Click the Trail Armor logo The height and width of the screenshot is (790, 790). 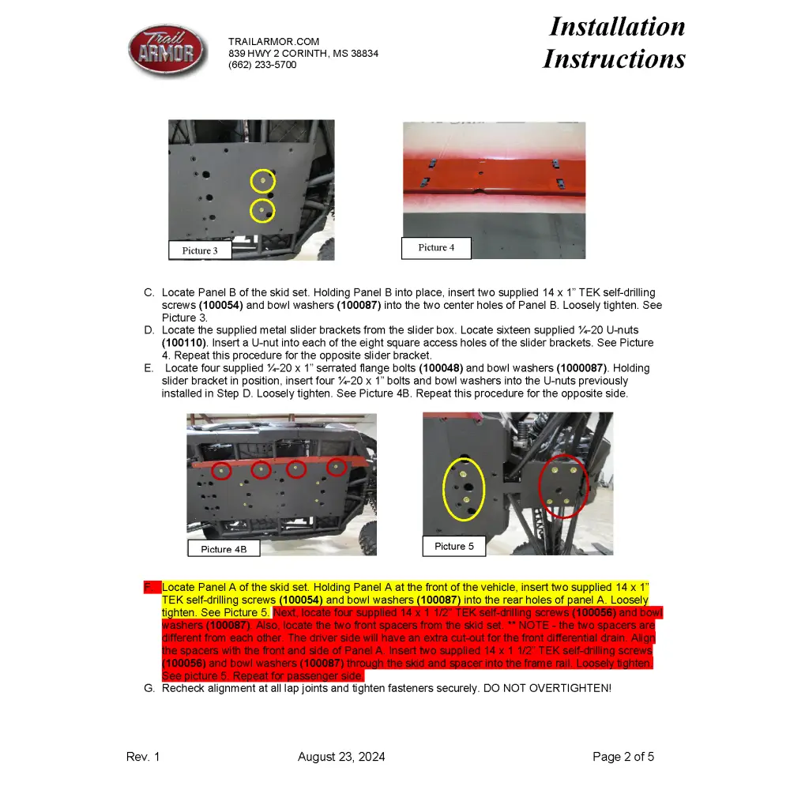pyautogui.click(x=167, y=51)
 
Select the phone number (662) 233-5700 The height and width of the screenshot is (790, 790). pyautogui.click(x=262, y=65)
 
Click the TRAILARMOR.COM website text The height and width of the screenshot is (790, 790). pyautogui.click(x=273, y=41)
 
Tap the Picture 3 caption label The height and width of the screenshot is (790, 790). pyautogui.click(x=199, y=250)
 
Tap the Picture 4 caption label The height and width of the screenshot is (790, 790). pyautogui.click(x=436, y=247)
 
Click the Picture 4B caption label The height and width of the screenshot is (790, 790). pyautogui.click(x=224, y=549)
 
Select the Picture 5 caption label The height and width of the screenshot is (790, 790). pyautogui.click(x=454, y=546)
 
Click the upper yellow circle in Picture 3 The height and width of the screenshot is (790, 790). pyautogui.click(x=262, y=181)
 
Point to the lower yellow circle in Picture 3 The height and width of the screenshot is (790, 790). pyautogui.click(x=262, y=211)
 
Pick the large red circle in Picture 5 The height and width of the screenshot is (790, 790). pyautogui.click(x=562, y=485)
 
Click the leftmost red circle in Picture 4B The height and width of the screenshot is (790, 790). pyautogui.click(x=221, y=472)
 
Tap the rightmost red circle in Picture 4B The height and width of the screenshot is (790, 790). pyautogui.click(x=337, y=467)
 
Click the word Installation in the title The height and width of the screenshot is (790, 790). pyautogui.click(x=617, y=26)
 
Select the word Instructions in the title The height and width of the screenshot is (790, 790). pyautogui.click(x=614, y=58)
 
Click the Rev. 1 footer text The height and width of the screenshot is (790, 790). pyautogui.click(x=143, y=757)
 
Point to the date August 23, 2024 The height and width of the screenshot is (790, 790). pyautogui.click(x=341, y=757)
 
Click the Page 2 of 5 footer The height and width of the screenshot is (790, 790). pyautogui.click(x=623, y=757)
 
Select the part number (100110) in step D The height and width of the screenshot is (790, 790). pyautogui.click(x=184, y=343)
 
